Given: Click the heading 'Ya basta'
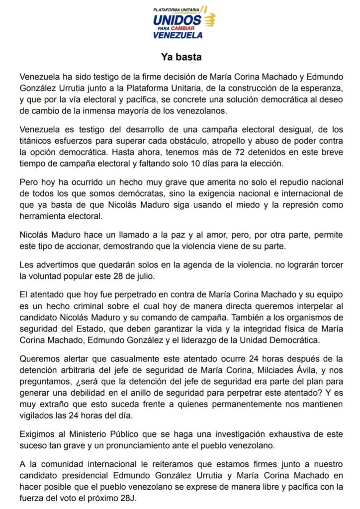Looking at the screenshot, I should tap(181, 57).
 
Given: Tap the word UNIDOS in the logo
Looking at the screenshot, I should tap(177, 20).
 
